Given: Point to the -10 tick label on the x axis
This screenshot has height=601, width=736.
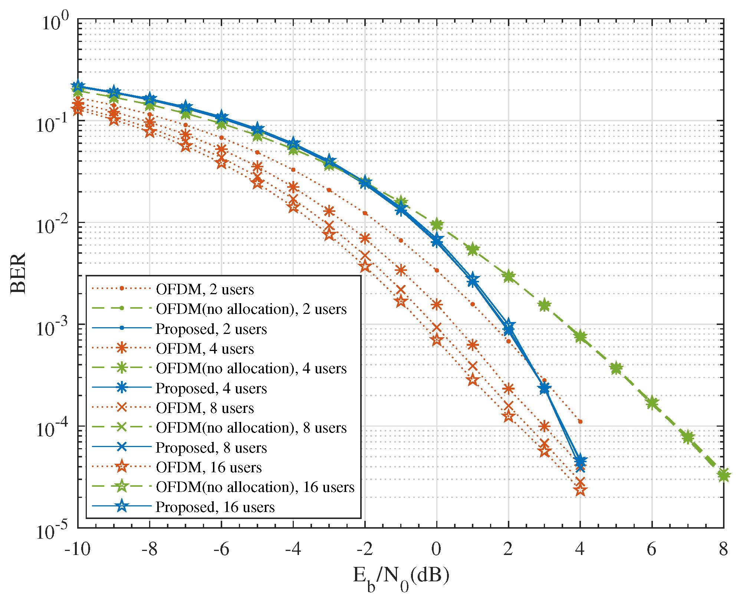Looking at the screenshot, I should click(78, 549).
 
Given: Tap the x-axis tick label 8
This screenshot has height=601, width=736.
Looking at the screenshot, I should click(723, 549).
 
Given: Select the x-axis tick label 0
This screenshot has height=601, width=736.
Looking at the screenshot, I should click(436, 549).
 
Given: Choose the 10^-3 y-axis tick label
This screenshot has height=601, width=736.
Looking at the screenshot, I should click(52, 327).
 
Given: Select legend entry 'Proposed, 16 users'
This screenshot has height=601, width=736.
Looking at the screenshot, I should click(215, 507).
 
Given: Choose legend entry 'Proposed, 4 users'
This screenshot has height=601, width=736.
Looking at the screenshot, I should click(211, 388).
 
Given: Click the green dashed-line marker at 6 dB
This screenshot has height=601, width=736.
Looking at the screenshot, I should click(652, 403).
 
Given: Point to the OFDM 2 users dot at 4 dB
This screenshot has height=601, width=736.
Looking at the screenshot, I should click(580, 421).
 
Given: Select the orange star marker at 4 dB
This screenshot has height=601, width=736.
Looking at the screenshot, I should click(580, 490).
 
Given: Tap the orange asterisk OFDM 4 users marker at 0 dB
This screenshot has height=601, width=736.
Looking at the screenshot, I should click(437, 305).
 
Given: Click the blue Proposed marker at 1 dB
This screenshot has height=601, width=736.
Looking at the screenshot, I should click(472, 281).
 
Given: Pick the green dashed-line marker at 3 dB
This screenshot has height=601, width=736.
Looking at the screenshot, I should click(544, 305).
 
